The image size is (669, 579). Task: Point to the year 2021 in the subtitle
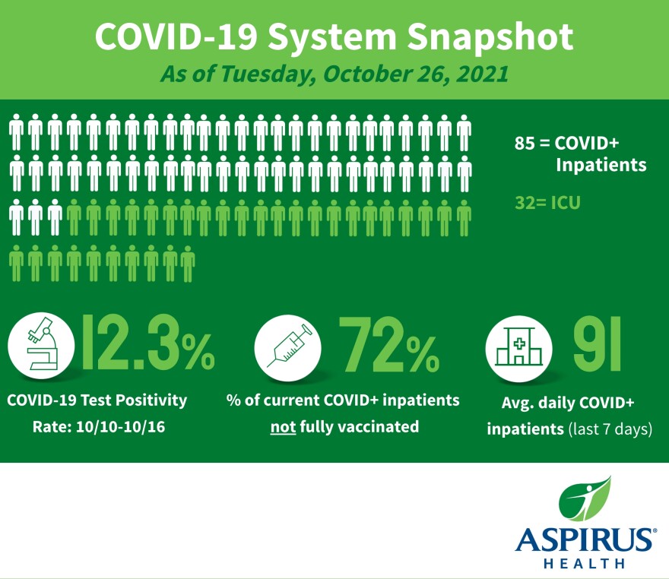481,76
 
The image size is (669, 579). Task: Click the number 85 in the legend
524,143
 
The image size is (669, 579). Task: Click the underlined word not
283,426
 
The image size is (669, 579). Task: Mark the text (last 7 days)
610,429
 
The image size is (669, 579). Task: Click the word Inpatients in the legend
601,165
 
